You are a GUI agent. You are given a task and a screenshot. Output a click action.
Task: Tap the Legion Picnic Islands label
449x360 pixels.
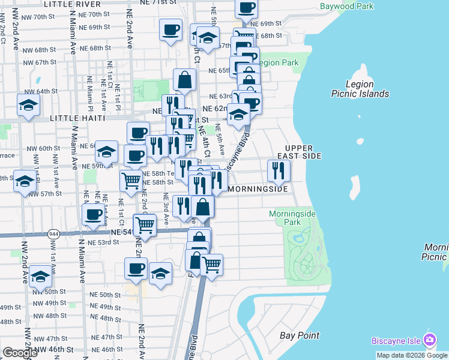(361, 89)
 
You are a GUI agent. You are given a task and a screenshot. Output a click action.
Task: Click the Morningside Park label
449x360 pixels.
(292, 218)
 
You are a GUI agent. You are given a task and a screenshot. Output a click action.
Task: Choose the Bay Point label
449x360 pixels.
(300, 335)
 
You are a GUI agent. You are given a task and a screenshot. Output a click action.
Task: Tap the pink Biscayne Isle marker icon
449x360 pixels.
(430, 340)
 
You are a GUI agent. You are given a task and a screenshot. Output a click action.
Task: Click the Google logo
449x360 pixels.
(20, 353)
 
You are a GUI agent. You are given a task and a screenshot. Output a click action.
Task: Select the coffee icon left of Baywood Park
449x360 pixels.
(247, 8)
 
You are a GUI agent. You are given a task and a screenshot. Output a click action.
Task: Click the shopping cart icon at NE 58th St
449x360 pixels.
(131, 179)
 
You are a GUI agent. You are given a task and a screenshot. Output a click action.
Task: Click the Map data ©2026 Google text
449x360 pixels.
(412, 355)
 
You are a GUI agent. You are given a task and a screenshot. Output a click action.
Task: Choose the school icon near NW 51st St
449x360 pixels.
(40, 277)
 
